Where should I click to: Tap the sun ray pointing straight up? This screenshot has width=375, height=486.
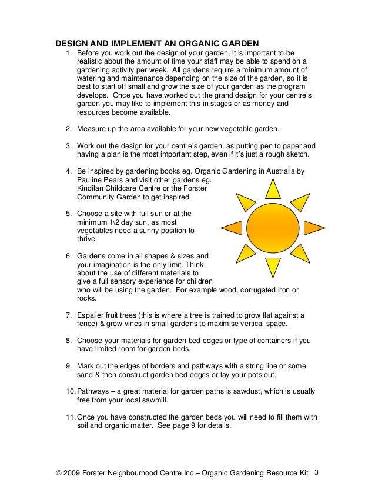pos(272,189)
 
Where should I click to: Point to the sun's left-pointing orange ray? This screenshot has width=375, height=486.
pos(231,228)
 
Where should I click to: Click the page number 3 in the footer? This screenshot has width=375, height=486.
pos(317,472)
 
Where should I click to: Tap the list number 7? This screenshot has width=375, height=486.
pos(68,314)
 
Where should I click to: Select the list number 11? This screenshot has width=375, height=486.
pos(69,417)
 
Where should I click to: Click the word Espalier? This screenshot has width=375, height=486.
pos(92,314)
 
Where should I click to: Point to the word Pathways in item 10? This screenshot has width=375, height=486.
pos(94,391)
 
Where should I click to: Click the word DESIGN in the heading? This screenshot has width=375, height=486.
pos(72,43)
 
